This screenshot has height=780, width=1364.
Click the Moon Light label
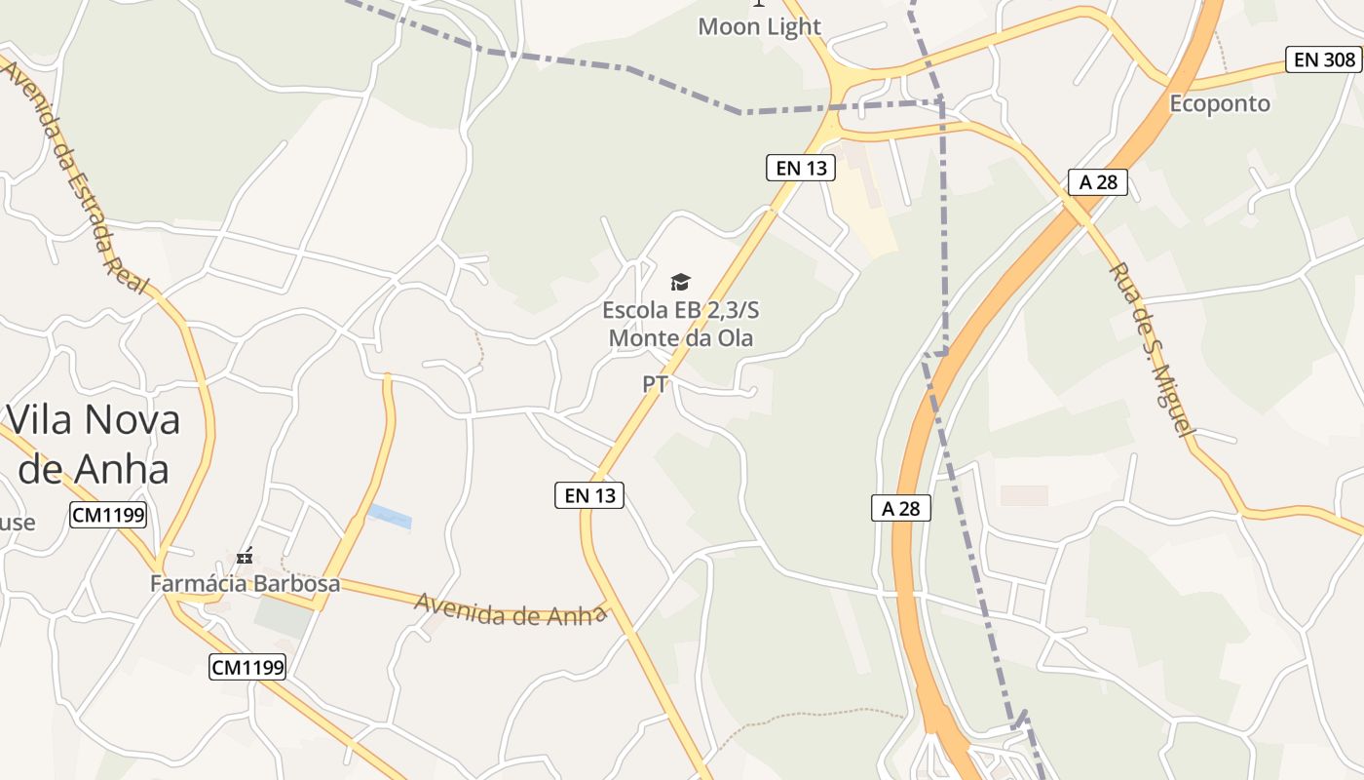pyautogui.click(x=759, y=26)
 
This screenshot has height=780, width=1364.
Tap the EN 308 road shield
pyautogui.click(x=1324, y=59)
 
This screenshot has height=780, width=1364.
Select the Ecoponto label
pyautogui.click(x=1219, y=103)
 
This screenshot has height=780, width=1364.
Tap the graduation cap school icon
pyautogui.click(x=680, y=282)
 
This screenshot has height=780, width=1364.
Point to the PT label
pyautogui.click(x=655, y=384)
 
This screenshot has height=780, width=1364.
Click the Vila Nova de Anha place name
pyautogui.click(x=94, y=444)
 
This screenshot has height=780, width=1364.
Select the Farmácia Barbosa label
pyautogui.click(x=245, y=583)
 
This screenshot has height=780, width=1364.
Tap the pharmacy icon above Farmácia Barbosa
pyautogui.click(x=245, y=557)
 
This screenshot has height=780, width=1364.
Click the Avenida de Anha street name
pyautogui.click(x=510, y=608)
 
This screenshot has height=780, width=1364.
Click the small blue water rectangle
pyautogui.click(x=389, y=516)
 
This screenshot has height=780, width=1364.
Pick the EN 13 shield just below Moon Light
pyautogui.click(x=801, y=168)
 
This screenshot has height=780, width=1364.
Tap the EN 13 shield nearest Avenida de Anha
pyautogui.click(x=589, y=495)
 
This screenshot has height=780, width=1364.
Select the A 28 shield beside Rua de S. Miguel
pyautogui.click(x=1098, y=182)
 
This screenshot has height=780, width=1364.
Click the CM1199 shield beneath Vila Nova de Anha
pyautogui.click(x=108, y=515)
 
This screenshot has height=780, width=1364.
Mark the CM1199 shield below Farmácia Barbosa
pyautogui.click(x=247, y=667)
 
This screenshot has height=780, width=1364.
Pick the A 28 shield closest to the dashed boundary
pyautogui.click(x=901, y=508)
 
